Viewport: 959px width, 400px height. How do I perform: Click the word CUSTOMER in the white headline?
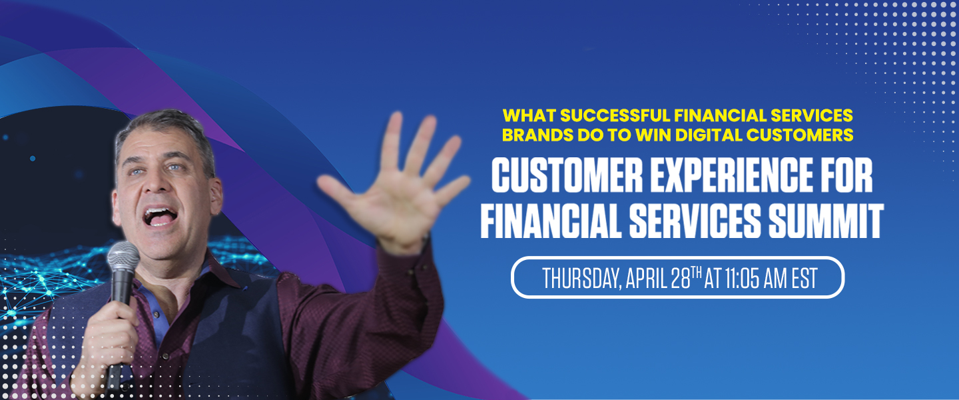pyautogui.click(x=567, y=175)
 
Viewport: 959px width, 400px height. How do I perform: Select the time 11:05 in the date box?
pyautogui.click(x=742, y=278)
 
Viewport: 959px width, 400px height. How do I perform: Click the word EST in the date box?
pyautogui.click(x=804, y=278)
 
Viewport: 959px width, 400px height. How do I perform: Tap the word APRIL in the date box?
pyautogui.click(x=647, y=278)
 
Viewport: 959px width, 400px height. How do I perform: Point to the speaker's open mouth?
pyautogui.click(x=160, y=216)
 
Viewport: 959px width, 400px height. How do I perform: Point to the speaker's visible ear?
pyautogui.click(x=215, y=197)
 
